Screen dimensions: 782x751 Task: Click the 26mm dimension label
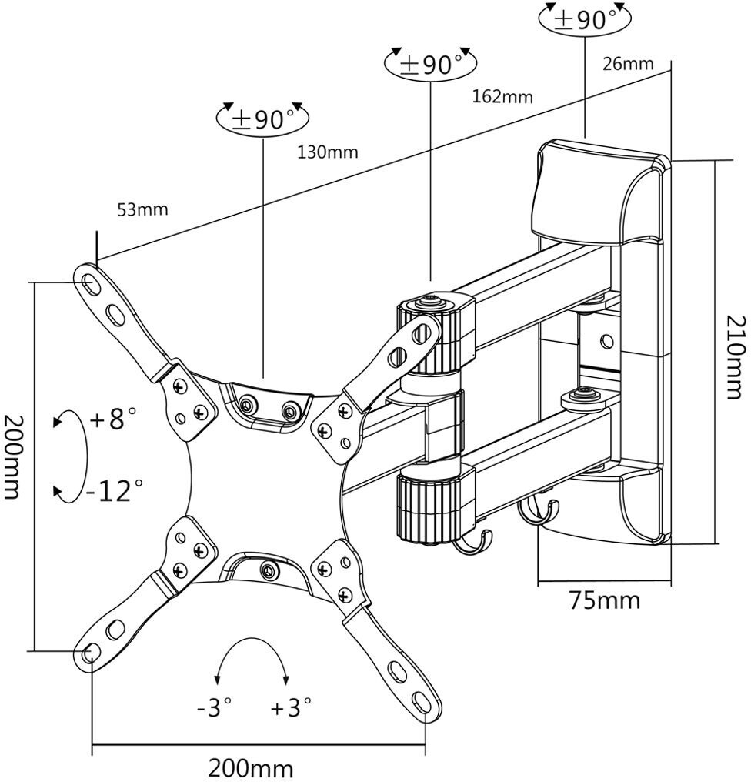point(627,63)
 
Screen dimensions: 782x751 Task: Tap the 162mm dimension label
point(502,96)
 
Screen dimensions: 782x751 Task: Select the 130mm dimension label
point(328,152)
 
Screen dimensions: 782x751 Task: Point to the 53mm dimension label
point(142,209)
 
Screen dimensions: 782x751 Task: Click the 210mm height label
point(735,356)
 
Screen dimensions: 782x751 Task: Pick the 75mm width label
point(604,600)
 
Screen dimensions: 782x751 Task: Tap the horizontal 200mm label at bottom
point(251,767)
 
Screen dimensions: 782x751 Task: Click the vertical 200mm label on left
point(15,456)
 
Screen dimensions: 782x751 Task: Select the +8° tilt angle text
point(113,420)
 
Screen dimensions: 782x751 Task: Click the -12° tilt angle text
point(115,490)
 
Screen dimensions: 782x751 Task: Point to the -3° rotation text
point(214,707)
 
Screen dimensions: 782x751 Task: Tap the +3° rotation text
point(291,707)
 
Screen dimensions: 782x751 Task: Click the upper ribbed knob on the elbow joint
point(428,336)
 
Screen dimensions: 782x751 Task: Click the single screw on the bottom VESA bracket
point(267,570)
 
